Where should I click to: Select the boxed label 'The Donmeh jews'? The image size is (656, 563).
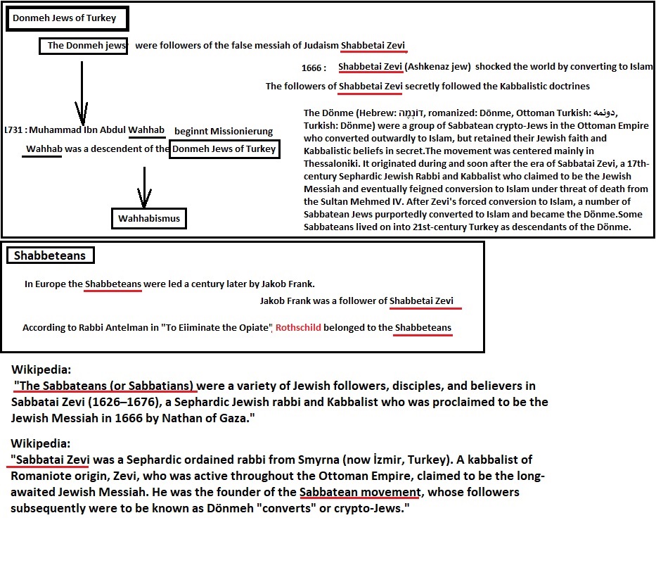(x=83, y=46)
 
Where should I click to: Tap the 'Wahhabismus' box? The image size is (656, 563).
(x=150, y=219)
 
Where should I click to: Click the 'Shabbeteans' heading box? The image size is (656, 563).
(x=50, y=255)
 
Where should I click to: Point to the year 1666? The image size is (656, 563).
(x=311, y=68)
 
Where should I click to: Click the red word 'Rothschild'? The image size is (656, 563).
(x=298, y=328)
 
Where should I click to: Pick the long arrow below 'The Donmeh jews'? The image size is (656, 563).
(x=83, y=91)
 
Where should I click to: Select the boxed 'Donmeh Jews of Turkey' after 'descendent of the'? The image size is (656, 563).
(x=224, y=149)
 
